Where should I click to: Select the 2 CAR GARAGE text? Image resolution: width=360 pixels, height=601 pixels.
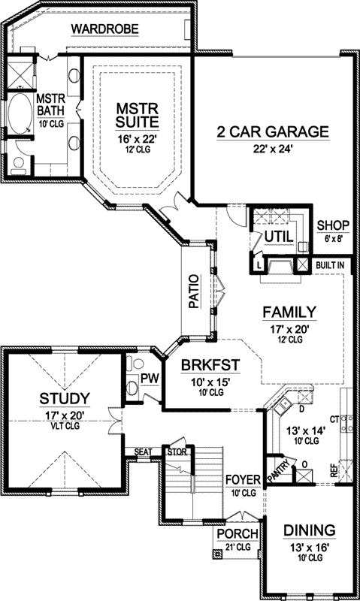pos(273,133)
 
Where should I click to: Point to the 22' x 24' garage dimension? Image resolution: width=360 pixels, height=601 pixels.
pos(273,148)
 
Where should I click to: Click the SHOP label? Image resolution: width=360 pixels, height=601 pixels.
pos(331,225)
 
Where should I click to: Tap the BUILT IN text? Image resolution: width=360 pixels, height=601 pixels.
pos(330,265)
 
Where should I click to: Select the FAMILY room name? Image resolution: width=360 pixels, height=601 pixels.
pos(289,312)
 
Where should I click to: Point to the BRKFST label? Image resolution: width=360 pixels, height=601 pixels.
pos(210,366)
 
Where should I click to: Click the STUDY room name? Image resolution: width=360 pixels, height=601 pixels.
pos(65,397)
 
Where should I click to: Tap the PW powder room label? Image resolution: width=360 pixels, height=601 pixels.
pos(149,379)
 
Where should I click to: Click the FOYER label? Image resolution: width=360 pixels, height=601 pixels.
pos(242,479)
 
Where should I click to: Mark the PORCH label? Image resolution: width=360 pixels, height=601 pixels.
pos(237,534)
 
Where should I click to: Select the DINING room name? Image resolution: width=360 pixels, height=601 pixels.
pos(310,530)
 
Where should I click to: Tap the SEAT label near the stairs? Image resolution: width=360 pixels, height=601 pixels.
pos(142,452)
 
